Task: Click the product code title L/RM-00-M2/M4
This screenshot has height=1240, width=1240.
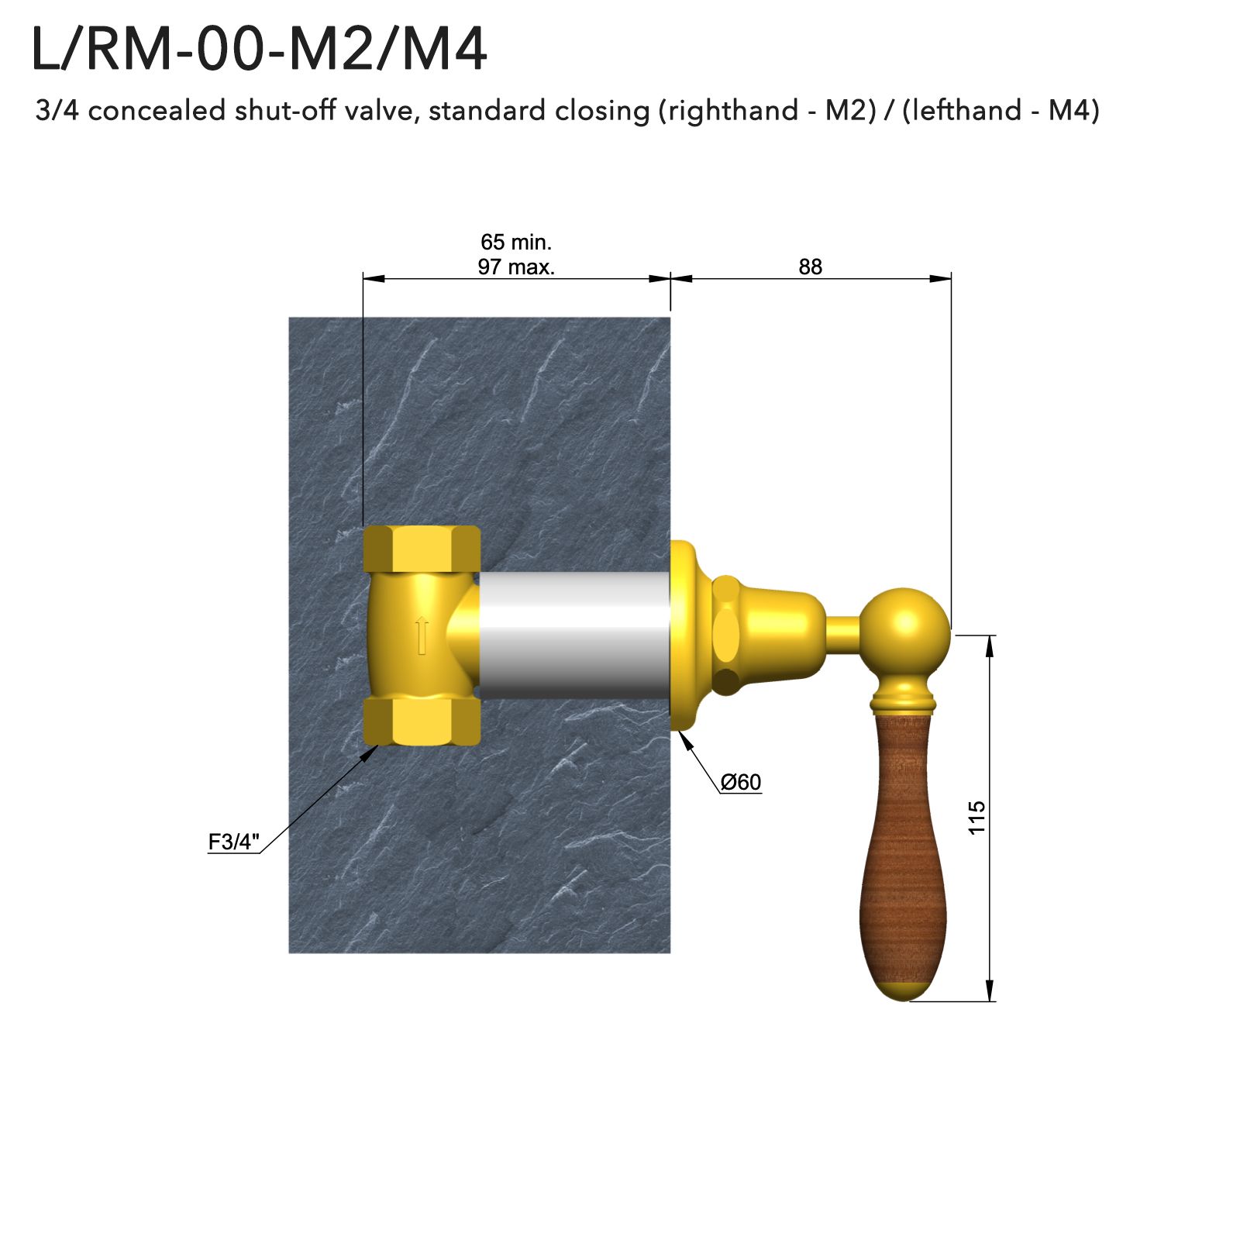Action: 259,50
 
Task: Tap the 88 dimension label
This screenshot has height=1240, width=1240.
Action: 810,267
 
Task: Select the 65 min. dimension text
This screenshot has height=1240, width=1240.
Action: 516,243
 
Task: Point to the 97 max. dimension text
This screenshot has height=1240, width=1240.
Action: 516,267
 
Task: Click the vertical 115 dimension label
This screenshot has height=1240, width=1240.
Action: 976,817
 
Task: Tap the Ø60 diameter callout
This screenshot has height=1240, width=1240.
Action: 741,782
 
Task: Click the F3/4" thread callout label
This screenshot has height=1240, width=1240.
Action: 233,842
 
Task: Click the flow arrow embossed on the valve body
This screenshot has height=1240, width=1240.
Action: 422,635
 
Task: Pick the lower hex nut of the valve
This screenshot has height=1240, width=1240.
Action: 422,721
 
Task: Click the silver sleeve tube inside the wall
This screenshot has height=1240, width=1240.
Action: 573,635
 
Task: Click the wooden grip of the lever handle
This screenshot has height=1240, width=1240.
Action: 903,852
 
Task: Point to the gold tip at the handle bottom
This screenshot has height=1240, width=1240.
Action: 904,990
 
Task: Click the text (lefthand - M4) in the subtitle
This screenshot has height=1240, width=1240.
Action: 1001,111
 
